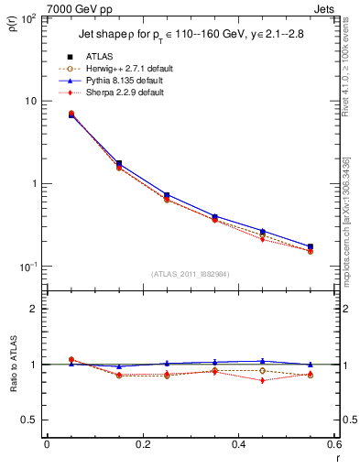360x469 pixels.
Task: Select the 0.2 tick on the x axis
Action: [x=142, y=445]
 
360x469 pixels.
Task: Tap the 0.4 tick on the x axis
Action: [x=238, y=445]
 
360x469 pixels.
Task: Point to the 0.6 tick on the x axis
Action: [x=333, y=445]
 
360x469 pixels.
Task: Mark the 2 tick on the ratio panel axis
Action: [x=32, y=309]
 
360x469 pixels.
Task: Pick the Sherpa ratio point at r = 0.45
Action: [x=262, y=380]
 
